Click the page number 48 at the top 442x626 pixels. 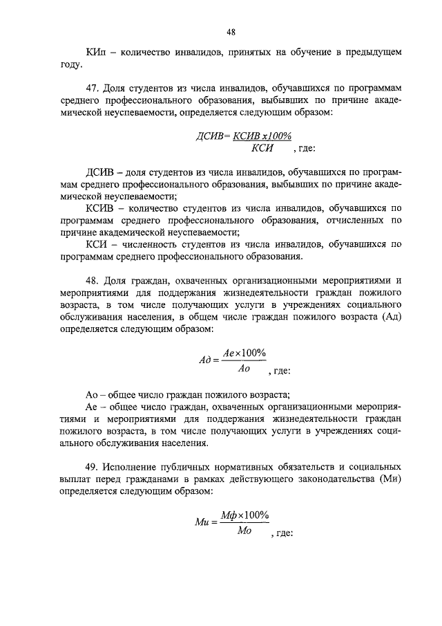(231, 31)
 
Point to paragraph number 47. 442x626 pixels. (94, 89)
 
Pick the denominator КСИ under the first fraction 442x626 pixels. (263, 149)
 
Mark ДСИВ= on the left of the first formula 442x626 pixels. (214, 136)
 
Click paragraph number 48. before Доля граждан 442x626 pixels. (94, 281)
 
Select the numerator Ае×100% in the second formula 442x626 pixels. (244, 353)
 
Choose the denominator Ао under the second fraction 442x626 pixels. (243, 369)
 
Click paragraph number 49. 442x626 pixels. (94, 468)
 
